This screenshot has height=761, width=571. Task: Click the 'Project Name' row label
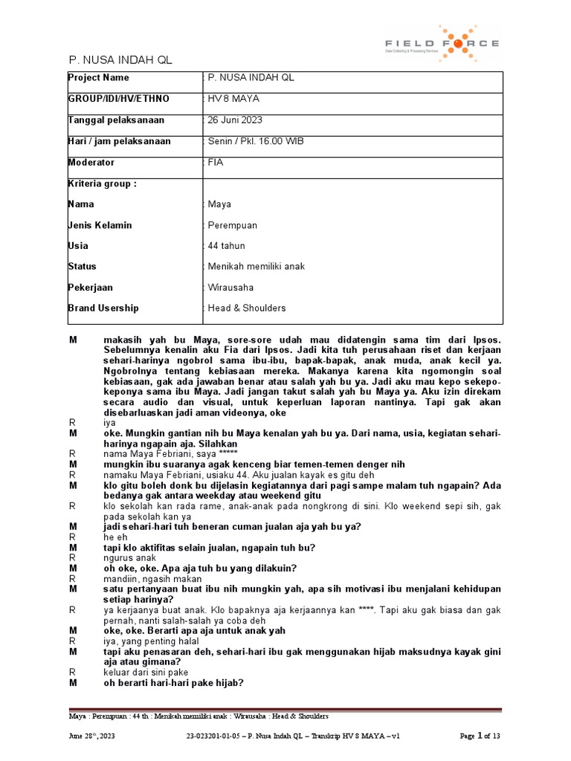98,78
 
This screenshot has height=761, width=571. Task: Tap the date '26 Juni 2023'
235,120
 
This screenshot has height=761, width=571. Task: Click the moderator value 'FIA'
216,162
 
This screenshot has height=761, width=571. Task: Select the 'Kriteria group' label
102,184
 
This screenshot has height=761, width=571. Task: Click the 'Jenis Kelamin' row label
99,225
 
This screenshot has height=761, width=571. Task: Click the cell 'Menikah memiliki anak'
256,267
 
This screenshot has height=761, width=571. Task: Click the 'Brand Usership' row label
103,308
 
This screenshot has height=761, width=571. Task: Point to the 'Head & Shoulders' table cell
246,308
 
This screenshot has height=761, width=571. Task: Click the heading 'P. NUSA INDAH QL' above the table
120,60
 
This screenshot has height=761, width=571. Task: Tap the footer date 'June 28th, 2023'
91,736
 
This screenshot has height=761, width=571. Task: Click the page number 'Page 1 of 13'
481,736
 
